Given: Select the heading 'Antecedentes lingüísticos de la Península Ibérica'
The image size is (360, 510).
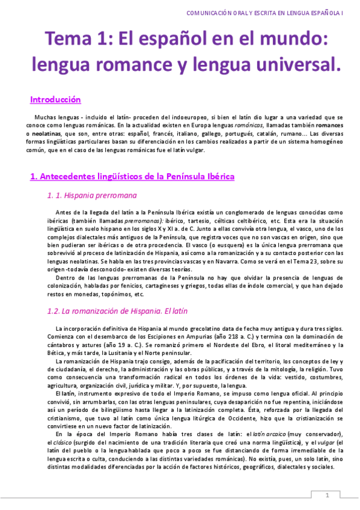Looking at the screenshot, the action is point(132,176).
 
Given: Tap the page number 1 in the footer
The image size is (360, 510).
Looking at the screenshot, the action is point(328,495).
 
